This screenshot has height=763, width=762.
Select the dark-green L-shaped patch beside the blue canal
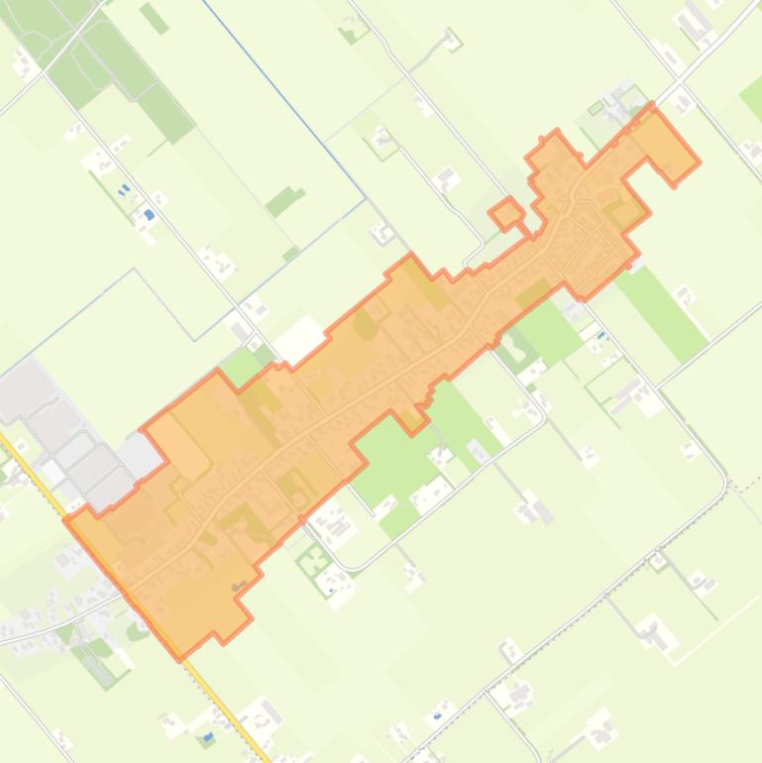coord(284,201)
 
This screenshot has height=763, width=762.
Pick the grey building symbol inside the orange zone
coord(238,587)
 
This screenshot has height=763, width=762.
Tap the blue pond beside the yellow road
coord(208,737)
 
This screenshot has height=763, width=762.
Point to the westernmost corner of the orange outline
coord(65,517)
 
